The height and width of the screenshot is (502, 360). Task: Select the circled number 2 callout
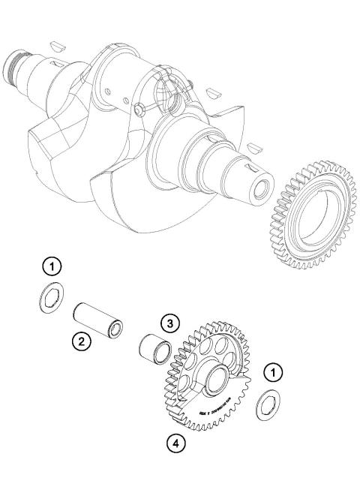pos(81,342)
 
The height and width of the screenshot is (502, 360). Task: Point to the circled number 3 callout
pos(171,323)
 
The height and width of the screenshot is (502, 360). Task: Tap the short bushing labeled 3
pos(154,350)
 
